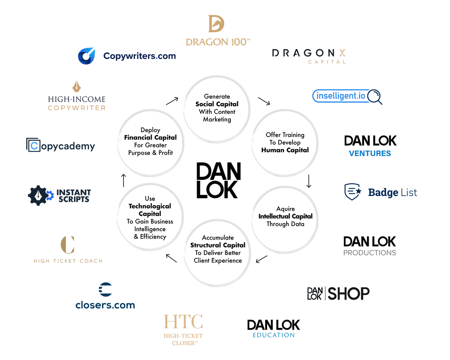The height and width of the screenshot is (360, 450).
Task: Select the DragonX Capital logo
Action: (x=309, y=56)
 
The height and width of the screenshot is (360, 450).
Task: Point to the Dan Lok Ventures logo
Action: (x=370, y=145)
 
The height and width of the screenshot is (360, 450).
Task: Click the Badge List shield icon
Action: (x=352, y=192)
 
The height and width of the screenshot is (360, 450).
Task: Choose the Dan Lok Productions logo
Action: (x=370, y=245)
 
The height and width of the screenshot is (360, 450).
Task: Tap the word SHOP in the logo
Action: (x=349, y=293)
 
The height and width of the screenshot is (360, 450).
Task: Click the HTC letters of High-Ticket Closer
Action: (x=183, y=322)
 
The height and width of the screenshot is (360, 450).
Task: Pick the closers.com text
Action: (x=105, y=305)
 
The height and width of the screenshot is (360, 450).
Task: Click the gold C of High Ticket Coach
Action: (x=67, y=245)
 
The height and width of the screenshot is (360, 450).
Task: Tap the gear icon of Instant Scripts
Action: (x=38, y=195)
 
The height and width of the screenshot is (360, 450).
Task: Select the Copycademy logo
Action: (x=60, y=146)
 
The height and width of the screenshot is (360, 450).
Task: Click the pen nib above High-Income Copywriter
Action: (x=77, y=86)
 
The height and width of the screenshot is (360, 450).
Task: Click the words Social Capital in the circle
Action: (x=217, y=104)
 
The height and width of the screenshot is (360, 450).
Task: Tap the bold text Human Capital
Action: (x=285, y=150)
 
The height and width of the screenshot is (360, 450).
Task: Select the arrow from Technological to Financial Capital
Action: (x=123, y=180)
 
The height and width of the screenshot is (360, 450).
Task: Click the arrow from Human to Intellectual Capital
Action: (x=309, y=181)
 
